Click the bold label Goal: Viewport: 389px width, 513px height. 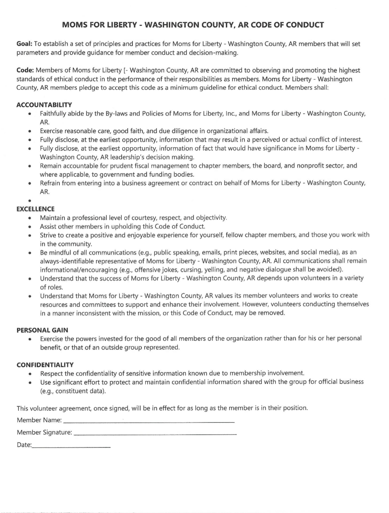[24, 44]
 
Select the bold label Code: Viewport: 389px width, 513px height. [25, 70]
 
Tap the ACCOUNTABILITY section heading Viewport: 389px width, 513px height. [44, 105]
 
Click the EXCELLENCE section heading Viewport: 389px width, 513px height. [35, 209]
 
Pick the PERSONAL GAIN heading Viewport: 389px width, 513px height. [42, 330]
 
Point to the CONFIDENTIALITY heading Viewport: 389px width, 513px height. [45, 365]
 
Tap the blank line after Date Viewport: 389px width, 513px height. [71, 446]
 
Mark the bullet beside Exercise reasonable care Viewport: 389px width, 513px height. [29, 131]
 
